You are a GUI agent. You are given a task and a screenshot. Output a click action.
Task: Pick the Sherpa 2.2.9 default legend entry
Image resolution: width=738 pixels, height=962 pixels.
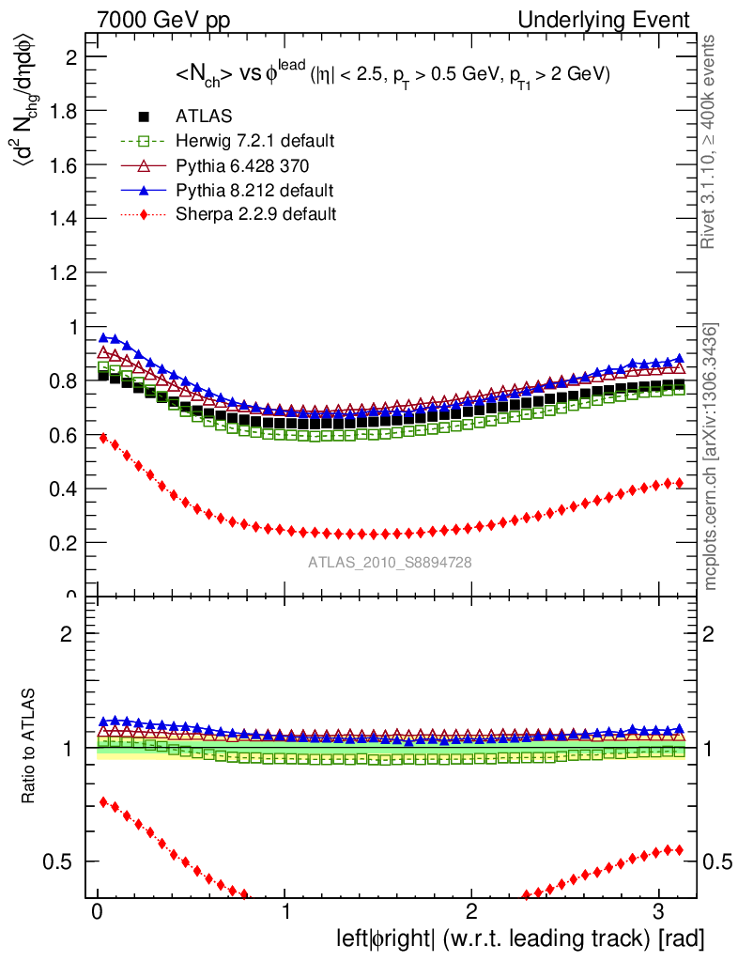coord(255,214)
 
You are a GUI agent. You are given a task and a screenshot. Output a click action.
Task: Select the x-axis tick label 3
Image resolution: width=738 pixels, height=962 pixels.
coord(657,912)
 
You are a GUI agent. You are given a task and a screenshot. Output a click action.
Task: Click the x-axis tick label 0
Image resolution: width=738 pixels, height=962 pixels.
coord(98,912)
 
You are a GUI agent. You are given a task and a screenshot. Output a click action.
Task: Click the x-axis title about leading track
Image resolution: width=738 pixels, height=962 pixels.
coord(520,938)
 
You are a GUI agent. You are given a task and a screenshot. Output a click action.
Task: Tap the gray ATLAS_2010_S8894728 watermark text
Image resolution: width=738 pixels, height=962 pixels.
coord(390,562)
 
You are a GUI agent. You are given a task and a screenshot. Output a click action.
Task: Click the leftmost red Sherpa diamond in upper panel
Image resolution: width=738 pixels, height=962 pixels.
coord(103,438)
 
